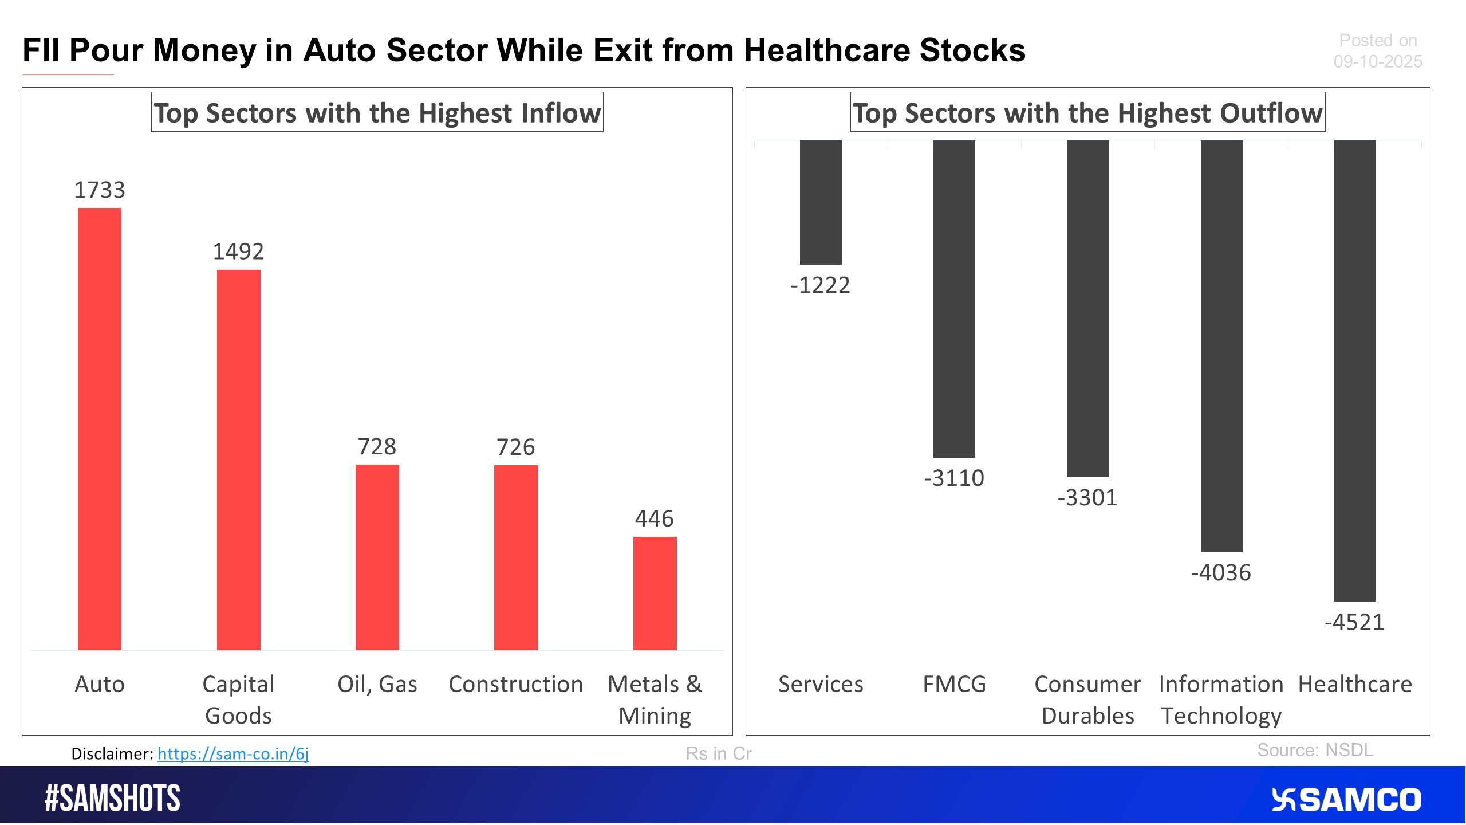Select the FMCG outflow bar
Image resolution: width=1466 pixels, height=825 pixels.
954,298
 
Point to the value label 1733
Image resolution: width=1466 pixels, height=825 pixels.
100,190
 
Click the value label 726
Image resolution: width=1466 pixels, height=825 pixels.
515,447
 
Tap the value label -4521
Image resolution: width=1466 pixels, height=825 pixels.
1354,622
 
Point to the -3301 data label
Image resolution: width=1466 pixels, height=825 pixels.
1087,497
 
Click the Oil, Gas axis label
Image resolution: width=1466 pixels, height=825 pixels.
377,684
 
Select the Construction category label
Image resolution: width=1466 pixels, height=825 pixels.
515,684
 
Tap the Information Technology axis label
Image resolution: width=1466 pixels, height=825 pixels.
1221,700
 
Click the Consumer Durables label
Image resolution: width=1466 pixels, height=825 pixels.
1087,700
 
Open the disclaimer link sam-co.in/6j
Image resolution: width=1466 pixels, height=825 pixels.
233,753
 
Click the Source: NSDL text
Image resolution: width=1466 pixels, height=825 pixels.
1315,750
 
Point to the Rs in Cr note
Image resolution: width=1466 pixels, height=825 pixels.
718,753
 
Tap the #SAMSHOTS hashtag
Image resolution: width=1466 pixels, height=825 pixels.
112,798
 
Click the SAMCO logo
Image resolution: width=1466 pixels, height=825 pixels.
1346,800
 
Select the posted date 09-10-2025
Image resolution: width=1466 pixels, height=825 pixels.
1377,61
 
